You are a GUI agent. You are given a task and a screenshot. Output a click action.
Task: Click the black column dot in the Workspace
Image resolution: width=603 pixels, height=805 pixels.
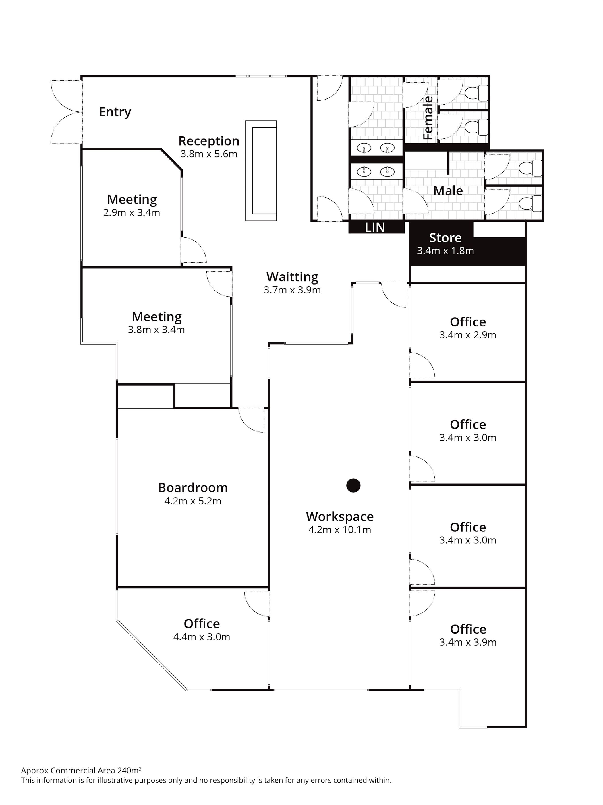[x=353, y=485]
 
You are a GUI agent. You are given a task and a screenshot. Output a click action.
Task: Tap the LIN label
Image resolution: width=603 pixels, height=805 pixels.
[x=375, y=227]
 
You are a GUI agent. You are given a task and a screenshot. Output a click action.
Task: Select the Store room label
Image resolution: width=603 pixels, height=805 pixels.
[x=445, y=238]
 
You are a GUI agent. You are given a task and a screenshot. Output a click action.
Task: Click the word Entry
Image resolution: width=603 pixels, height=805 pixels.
[x=115, y=112]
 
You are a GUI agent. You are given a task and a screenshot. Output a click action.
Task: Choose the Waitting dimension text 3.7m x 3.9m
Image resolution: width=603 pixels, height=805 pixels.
[x=292, y=290]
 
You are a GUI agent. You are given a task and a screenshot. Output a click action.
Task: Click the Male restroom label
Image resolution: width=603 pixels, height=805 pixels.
[x=448, y=191]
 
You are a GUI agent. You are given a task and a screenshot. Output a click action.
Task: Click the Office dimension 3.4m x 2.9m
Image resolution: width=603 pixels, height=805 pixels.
[x=468, y=335]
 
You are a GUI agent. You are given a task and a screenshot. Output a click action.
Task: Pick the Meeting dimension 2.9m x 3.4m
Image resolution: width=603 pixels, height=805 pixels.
[x=132, y=212]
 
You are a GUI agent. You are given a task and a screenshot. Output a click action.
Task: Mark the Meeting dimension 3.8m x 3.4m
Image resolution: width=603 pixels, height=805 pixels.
[x=156, y=330]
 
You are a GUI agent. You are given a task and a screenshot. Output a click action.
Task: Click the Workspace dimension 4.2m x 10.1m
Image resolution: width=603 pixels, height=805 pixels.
[x=339, y=529]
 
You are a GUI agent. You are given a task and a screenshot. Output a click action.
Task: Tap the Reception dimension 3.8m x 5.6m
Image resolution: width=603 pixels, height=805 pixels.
[x=209, y=154]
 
